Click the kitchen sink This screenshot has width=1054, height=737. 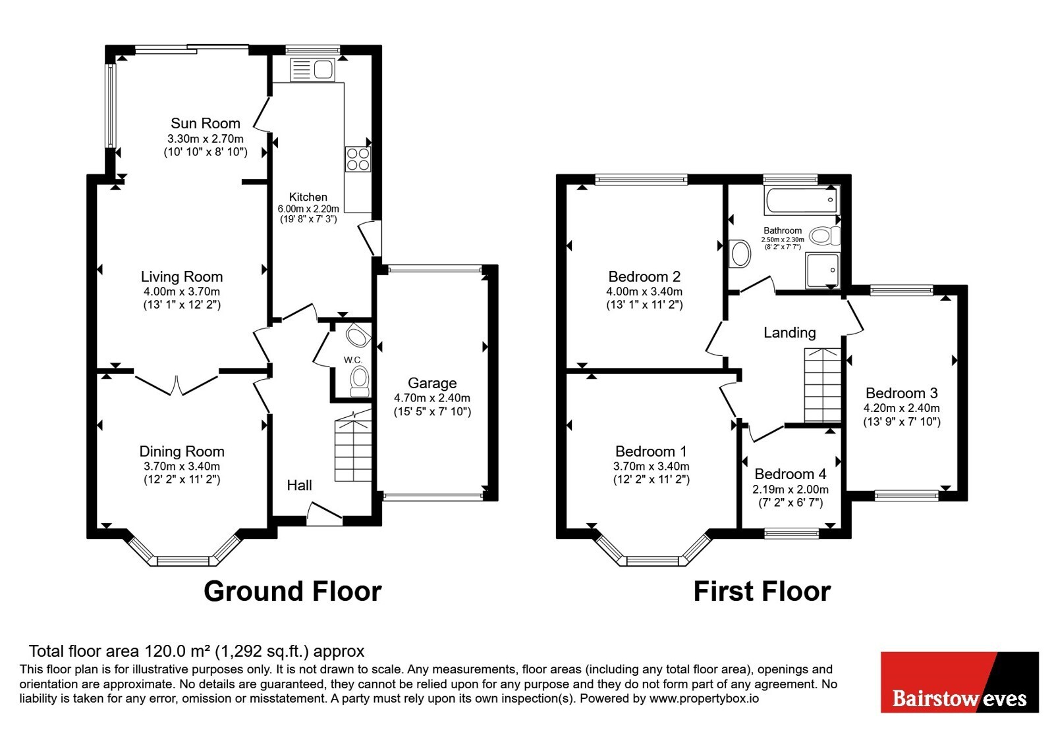pyautogui.click(x=312, y=70)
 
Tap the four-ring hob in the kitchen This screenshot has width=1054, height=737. pyautogui.click(x=358, y=159)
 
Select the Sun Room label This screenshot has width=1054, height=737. pyautogui.click(x=206, y=123)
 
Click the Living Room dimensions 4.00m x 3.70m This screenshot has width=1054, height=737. pyautogui.click(x=182, y=292)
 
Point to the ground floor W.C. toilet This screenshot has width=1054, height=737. pyautogui.click(x=360, y=381)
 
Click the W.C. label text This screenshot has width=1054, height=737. pyautogui.click(x=353, y=360)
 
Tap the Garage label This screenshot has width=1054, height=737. pyautogui.click(x=432, y=384)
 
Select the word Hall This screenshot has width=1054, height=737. pyautogui.click(x=299, y=485)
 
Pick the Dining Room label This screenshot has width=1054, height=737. pyautogui.click(x=182, y=451)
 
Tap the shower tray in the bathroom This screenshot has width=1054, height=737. pyautogui.click(x=823, y=270)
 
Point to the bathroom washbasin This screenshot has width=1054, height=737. pyautogui.click(x=740, y=253)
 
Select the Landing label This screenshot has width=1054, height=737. pyautogui.click(x=790, y=333)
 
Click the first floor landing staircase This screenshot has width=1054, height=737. pyautogui.click(x=822, y=385)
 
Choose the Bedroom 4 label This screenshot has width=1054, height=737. pyautogui.click(x=790, y=474)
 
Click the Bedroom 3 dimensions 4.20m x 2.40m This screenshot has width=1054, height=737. pyautogui.click(x=902, y=408)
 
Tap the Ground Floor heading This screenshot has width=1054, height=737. pyautogui.click(x=292, y=592)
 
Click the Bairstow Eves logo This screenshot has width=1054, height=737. pyautogui.click(x=959, y=682)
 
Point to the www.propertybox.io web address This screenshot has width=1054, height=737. pyautogui.click(x=704, y=698)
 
